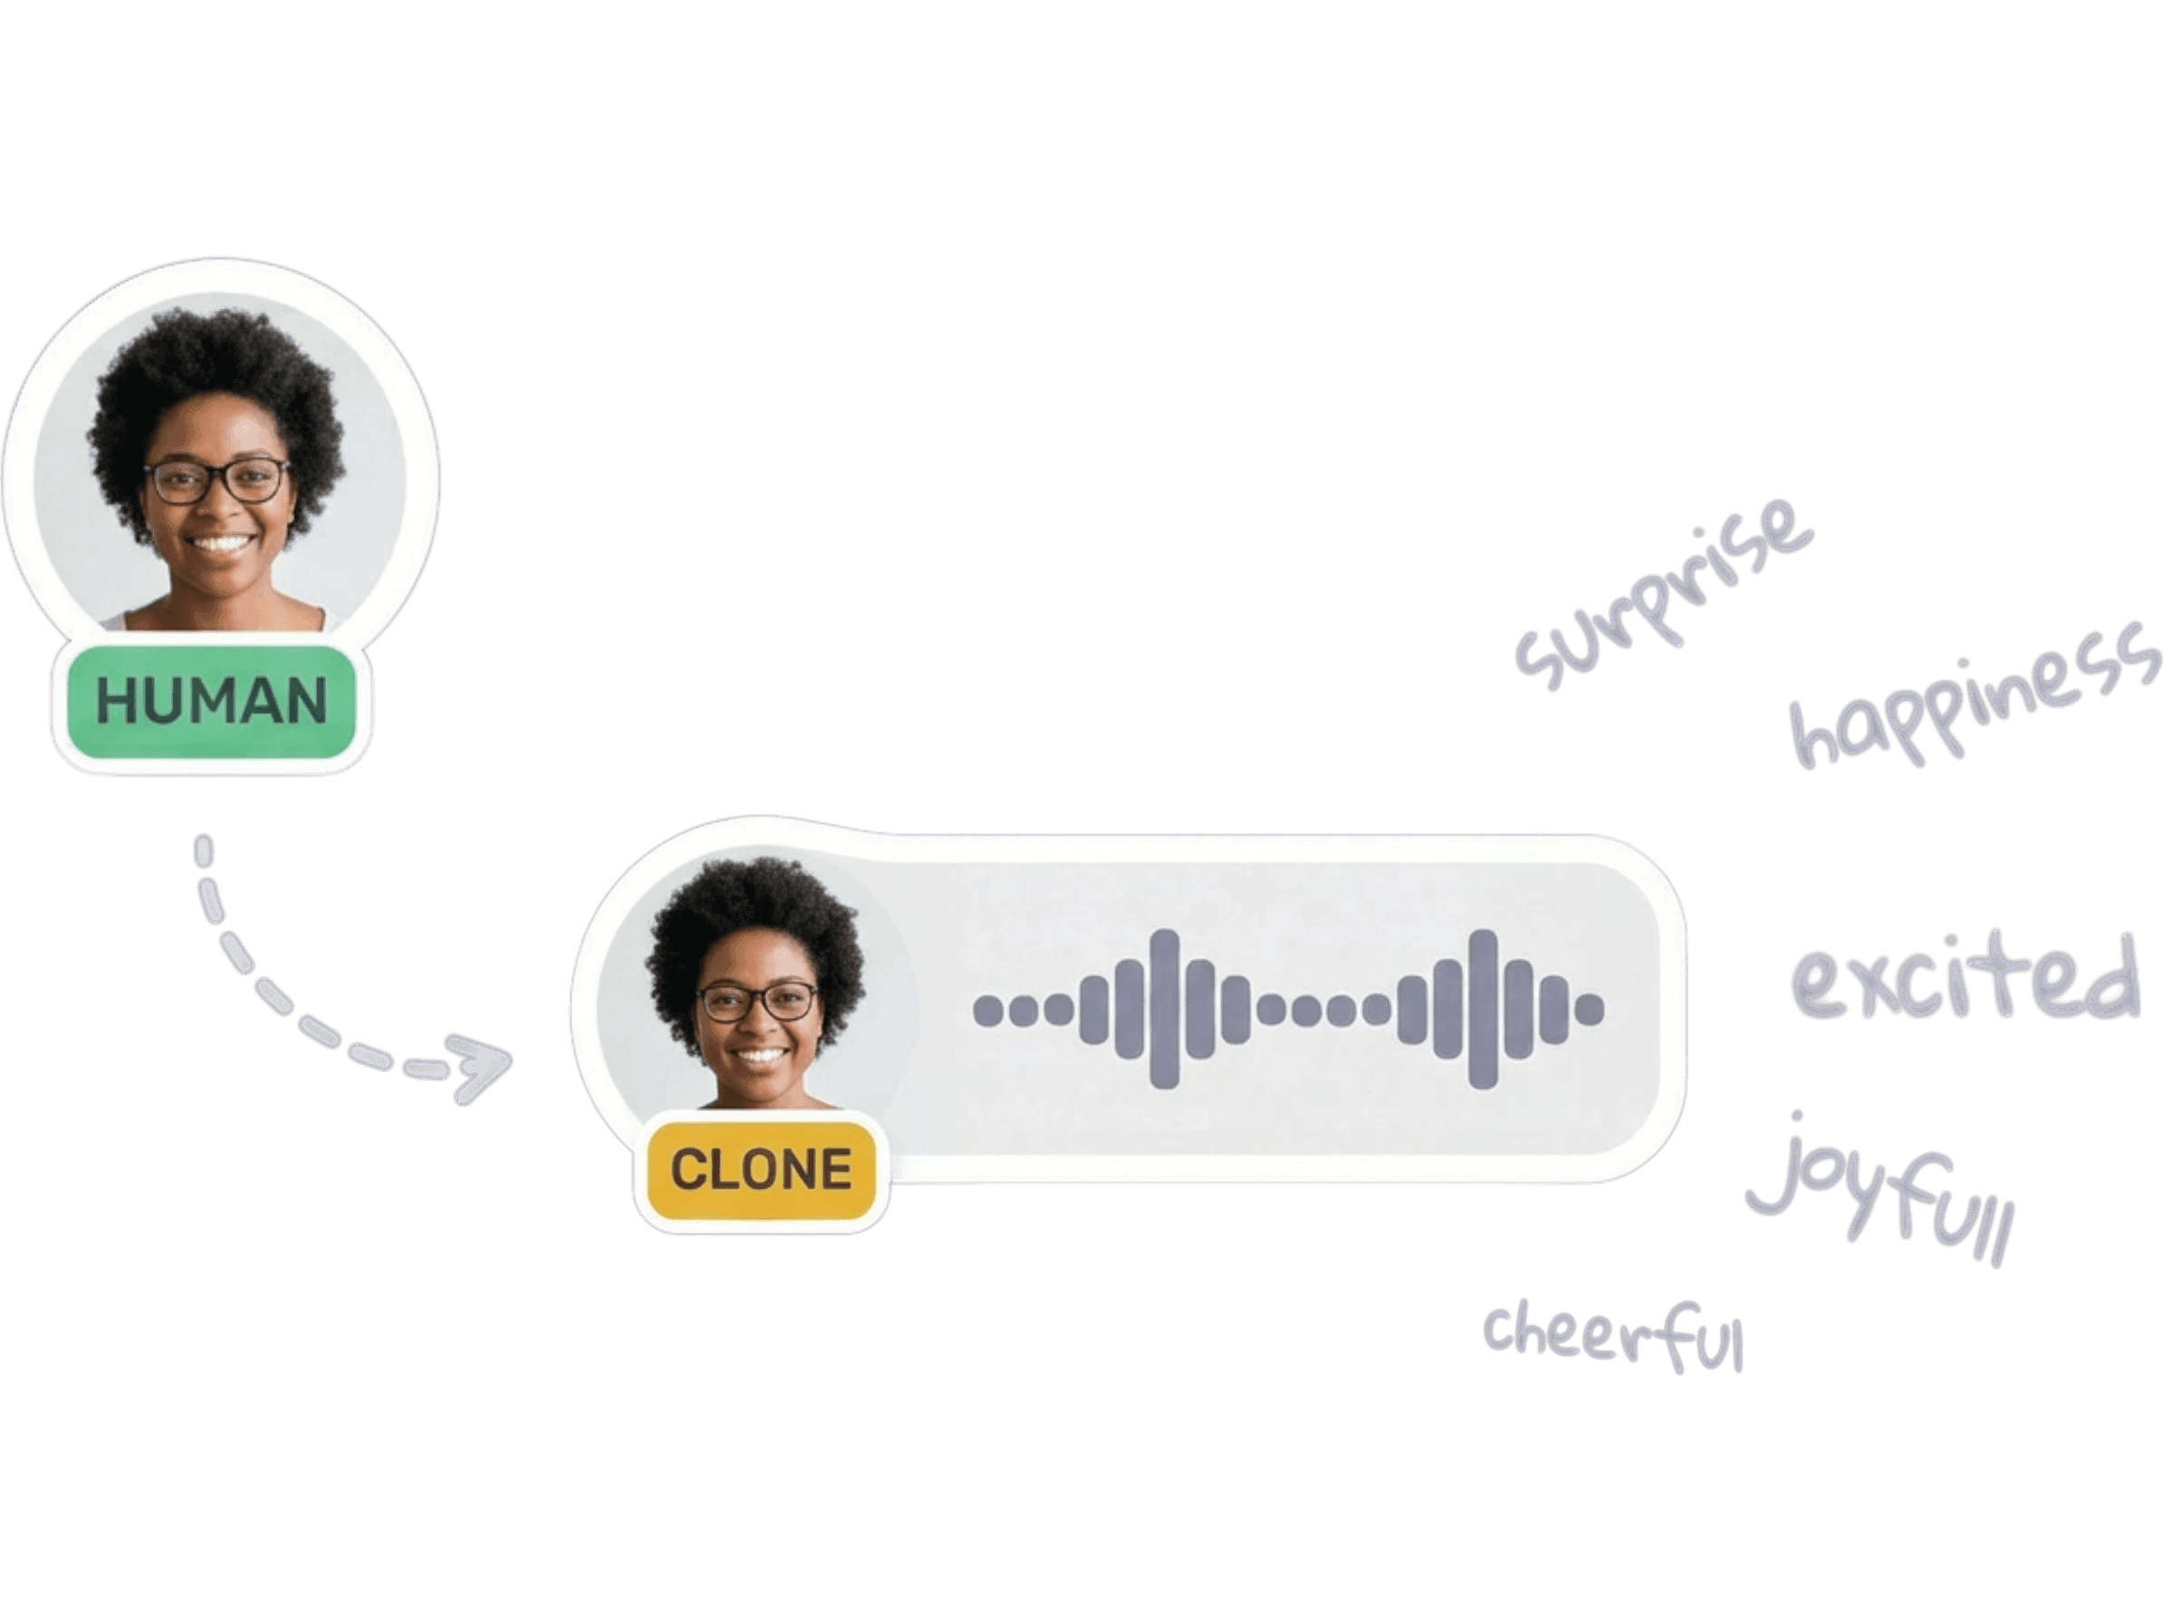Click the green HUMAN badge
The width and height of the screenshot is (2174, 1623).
tap(211, 703)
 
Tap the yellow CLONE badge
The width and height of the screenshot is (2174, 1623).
tap(760, 1169)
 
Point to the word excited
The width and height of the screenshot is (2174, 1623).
tap(1965, 983)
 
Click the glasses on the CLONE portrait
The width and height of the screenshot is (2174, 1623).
tap(757, 1002)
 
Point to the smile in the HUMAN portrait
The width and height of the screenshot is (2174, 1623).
tap(220, 543)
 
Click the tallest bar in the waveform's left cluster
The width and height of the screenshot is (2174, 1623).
tap(1164, 1009)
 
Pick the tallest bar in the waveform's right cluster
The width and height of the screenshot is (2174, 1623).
tap(1483, 1009)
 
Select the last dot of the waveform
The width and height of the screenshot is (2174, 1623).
tap(1589, 1009)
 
